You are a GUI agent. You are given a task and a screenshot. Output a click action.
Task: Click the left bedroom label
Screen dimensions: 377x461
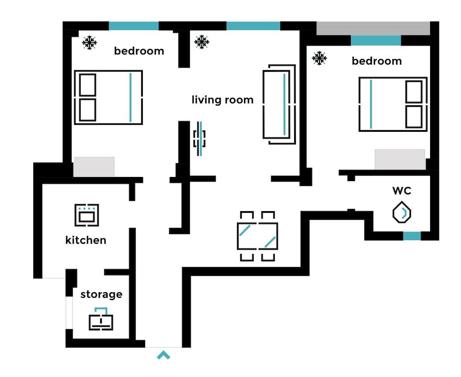click(139, 51)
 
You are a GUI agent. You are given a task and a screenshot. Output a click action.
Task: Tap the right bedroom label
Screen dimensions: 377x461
click(377, 61)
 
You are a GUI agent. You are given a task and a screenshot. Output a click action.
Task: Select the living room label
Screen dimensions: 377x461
click(223, 100)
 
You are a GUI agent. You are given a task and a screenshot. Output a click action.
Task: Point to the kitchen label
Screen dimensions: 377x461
click(86, 240)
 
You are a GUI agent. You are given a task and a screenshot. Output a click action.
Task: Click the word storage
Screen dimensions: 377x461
click(101, 294)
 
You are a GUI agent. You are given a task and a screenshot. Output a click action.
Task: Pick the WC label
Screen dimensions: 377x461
click(402, 190)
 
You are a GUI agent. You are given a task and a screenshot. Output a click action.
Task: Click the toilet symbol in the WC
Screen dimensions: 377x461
click(402, 213)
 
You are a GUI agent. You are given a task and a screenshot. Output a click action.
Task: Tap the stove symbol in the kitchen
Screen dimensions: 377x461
click(87, 215)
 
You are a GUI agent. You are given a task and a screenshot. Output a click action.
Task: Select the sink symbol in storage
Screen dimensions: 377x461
click(101, 319)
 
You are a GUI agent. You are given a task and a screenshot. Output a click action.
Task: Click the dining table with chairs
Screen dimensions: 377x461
click(258, 236)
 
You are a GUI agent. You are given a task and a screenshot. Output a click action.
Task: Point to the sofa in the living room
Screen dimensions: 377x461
click(279, 104)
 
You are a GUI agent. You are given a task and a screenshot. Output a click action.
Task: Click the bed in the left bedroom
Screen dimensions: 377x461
click(108, 97)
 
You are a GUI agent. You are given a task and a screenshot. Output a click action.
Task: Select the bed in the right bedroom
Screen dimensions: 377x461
click(393, 104)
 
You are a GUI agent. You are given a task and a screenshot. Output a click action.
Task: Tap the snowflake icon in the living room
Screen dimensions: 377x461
click(201, 42)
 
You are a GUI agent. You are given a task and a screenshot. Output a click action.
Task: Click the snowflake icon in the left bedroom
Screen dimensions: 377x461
click(89, 43)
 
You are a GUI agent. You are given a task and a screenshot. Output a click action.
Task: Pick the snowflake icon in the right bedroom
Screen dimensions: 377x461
click(319, 58)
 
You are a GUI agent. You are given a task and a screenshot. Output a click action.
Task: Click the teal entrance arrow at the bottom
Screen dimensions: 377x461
click(164, 355)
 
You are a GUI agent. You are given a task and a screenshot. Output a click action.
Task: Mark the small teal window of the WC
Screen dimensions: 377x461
click(412, 236)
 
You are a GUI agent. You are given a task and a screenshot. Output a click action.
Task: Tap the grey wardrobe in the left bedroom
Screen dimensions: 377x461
click(94, 166)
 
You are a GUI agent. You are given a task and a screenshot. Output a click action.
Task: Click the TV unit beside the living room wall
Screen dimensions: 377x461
click(200, 138)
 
